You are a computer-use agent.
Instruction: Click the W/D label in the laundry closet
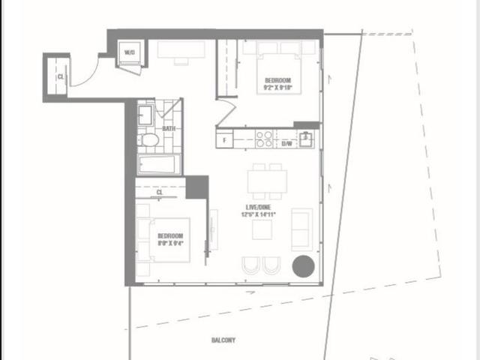(128, 52)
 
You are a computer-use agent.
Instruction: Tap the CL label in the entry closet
(59, 76)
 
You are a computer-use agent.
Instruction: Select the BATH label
(169, 128)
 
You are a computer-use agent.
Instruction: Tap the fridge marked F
(223, 139)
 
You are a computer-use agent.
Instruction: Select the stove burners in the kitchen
(265, 139)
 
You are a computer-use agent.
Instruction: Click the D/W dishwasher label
(287, 145)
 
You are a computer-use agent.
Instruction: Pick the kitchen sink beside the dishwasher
(307, 139)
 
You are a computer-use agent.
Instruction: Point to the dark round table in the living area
(303, 266)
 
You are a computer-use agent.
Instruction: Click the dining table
(268, 181)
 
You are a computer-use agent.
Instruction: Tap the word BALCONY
(223, 340)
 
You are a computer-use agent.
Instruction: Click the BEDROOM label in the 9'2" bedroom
(277, 79)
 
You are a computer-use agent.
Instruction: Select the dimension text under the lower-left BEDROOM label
(169, 242)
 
